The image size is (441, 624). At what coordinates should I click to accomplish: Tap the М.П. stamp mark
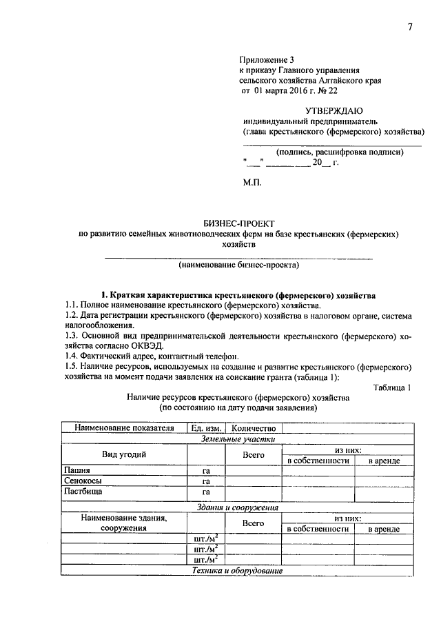(252, 184)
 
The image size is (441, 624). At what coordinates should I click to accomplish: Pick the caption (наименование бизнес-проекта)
(238, 265)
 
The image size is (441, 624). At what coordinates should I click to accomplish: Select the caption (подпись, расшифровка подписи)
(340, 152)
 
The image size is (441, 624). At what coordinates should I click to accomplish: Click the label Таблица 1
(392, 388)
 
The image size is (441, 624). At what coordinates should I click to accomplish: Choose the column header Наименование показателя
(124, 428)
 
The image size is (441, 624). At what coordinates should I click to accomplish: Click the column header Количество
(254, 428)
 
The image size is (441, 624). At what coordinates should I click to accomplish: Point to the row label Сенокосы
(82, 481)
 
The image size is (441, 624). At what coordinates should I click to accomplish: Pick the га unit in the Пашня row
(206, 472)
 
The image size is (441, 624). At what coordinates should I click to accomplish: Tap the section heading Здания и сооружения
(238, 507)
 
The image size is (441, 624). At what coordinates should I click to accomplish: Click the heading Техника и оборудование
(238, 571)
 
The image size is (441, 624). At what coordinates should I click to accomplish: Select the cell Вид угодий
(124, 454)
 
